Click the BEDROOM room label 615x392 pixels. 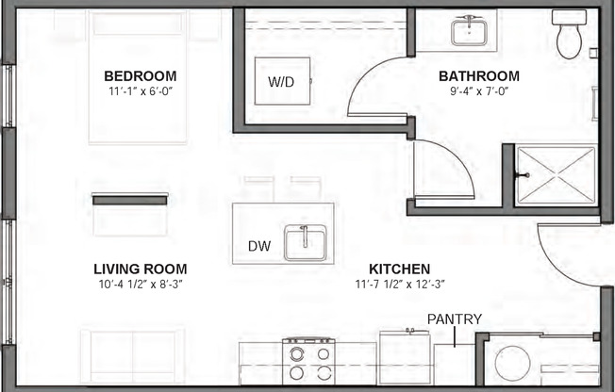point(140,75)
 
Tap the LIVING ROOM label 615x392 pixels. point(140,268)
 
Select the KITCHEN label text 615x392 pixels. point(399,269)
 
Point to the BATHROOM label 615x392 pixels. point(479,75)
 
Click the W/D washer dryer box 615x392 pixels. point(281,82)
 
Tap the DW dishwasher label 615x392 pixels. point(259,247)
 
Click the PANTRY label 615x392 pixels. point(455,319)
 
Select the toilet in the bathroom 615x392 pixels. point(569,36)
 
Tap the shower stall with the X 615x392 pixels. point(556,175)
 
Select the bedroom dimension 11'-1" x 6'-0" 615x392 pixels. point(140,92)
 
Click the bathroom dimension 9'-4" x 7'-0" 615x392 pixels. point(479,92)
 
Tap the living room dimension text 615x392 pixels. point(140,284)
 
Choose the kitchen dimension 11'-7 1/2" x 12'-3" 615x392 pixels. point(399,284)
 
